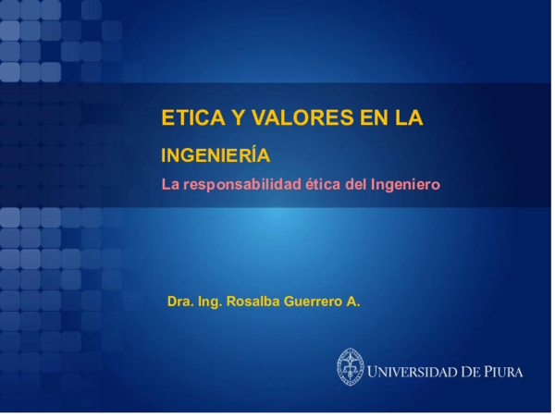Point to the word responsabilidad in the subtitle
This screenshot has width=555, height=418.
[x=243, y=184]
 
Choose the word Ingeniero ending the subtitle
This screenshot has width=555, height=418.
[x=405, y=184]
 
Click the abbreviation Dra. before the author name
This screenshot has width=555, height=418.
[x=179, y=301]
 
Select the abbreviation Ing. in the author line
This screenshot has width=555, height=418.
[x=209, y=301]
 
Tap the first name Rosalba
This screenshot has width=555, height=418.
[x=253, y=301]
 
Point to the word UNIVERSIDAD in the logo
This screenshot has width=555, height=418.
[x=413, y=373]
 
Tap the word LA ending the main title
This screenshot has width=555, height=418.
[x=408, y=118]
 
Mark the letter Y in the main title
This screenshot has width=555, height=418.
[x=233, y=118]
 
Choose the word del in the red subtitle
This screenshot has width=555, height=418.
[x=356, y=184]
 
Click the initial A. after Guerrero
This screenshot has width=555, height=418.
[x=353, y=301]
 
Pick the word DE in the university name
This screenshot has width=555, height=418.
[x=471, y=373]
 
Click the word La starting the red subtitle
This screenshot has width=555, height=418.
[x=169, y=184]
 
